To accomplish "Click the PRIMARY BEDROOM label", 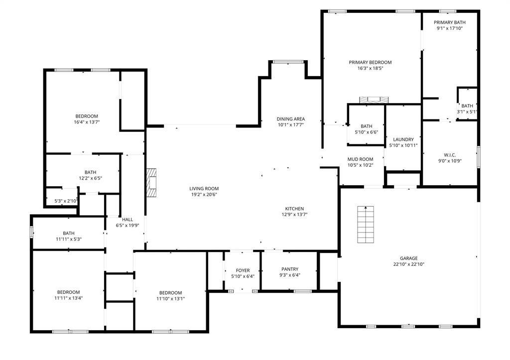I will [370, 62].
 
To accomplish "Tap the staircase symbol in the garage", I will [366, 225].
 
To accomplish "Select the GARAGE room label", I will [408, 258].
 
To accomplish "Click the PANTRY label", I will [289, 269].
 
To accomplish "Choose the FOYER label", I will [243, 270].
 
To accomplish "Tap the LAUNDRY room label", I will [403, 139].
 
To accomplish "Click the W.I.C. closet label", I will [450, 155].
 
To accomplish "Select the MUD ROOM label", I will [360, 159].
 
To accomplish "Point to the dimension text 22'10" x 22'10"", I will [408, 265].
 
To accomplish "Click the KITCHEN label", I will [294, 209].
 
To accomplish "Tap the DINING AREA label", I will [291, 119].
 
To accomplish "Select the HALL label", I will [127, 219].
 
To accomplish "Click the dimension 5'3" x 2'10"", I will [66, 201].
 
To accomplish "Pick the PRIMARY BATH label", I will [449, 22].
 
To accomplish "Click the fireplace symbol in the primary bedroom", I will [373, 100].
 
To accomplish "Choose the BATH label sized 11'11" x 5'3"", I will [69, 233].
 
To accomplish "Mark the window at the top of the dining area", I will [288, 62].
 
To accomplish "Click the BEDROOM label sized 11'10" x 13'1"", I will [170, 293].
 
